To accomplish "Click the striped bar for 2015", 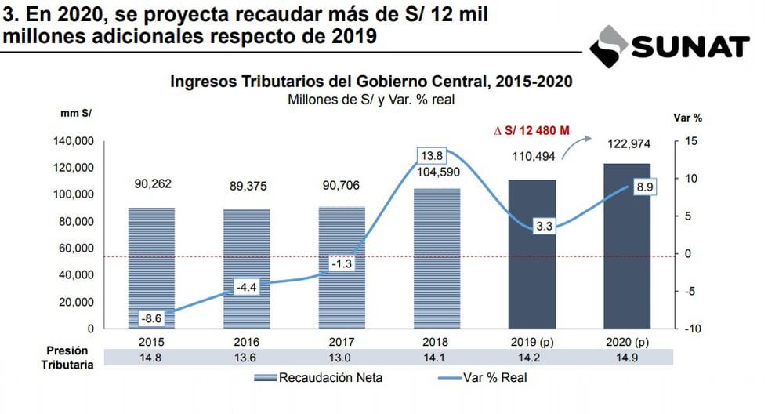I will tap(150, 267).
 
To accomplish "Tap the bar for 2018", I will tap(437, 258).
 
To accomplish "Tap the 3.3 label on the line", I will tap(545, 227).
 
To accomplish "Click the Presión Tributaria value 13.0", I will tap(342, 358).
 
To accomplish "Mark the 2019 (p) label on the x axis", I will tap(532, 342).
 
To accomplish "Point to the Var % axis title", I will tap(687, 118).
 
